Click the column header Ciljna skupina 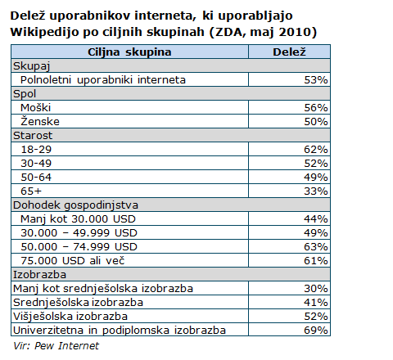pos(129,52)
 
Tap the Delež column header pos(289,52)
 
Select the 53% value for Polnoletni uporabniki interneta pos(316,80)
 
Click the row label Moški pos(35,108)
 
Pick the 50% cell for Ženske pos(316,122)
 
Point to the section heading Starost pos(33,136)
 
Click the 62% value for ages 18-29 pos(316,150)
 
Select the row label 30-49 pos(36,164)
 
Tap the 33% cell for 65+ pos(316,191)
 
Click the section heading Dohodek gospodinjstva pos(75,205)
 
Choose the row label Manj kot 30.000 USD pos(78,219)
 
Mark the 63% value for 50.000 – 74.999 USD pos(316,247)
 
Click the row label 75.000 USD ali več pos(73,261)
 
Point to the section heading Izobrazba pos(39,275)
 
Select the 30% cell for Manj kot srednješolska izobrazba pos(316,289)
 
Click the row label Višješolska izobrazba pos(70,317)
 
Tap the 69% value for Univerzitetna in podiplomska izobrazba pos(316,331)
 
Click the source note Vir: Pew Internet pos(56,346)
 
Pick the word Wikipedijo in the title pos(45,32)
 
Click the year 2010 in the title pos(295,32)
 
